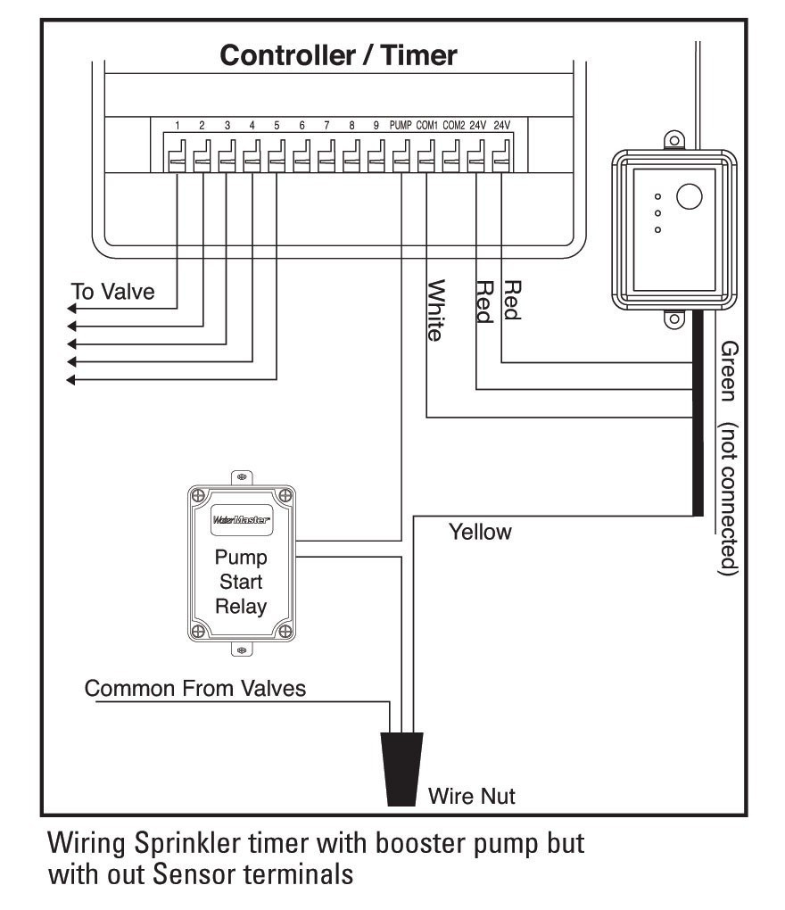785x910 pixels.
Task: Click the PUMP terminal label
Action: click(401, 126)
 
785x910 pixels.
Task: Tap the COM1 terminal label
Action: click(427, 126)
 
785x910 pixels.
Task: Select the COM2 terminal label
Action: click(453, 126)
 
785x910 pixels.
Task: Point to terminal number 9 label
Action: click(376, 126)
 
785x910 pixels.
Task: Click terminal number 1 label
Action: click(178, 126)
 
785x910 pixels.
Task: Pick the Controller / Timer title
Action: click(338, 56)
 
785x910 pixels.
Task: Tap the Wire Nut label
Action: click(472, 795)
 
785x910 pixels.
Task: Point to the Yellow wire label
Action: click(480, 533)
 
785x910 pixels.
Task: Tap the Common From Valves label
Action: click(195, 688)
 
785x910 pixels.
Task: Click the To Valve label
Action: click(113, 292)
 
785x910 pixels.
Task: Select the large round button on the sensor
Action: click(690, 196)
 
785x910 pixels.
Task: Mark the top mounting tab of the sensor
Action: click(674, 139)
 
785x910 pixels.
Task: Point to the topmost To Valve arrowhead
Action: click(72, 308)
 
